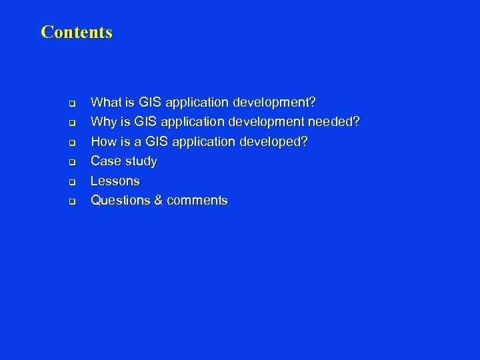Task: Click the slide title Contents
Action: point(77,32)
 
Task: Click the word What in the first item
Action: point(106,103)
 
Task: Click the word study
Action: point(141,161)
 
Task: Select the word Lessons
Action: point(115,181)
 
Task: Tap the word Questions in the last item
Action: point(121,200)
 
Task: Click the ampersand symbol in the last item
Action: point(159,200)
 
